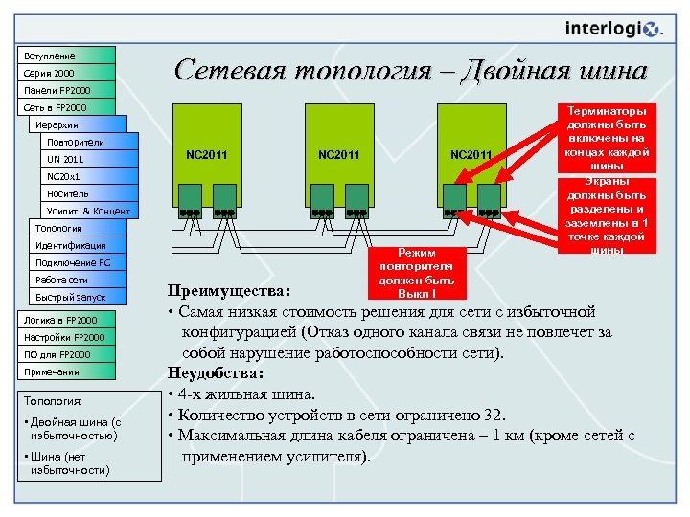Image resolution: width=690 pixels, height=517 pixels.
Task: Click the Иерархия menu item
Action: point(77,125)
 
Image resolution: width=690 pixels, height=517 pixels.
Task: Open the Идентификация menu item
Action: point(77,246)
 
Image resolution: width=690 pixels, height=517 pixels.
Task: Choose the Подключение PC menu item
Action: point(77,263)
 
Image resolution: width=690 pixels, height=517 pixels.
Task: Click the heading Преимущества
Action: point(229,290)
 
